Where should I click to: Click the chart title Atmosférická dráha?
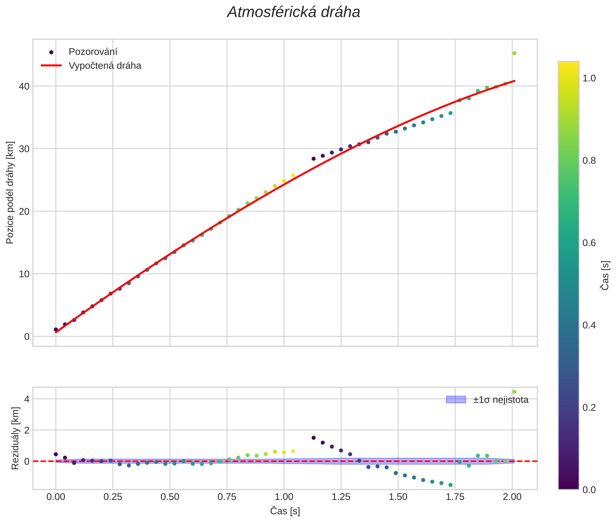click(x=293, y=13)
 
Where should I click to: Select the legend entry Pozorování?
click(x=93, y=52)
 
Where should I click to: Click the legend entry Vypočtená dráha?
click(x=105, y=66)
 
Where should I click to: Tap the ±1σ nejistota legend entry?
click(x=500, y=400)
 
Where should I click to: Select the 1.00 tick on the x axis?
click(x=284, y=497)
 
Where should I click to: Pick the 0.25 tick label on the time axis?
click(x=113, y=497)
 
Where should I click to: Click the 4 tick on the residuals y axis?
click(x=27, y=399)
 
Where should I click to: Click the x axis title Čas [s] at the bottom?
click(x=285, y=511)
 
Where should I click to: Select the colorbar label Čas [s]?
click(x=605, y=275)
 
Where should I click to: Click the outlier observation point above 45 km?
click(x=514, y=53)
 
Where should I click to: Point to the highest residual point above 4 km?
click(x=514, y=392)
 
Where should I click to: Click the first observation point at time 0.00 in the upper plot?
click(x=56, y=329)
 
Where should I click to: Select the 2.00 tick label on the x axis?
click(x=512, y=497)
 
